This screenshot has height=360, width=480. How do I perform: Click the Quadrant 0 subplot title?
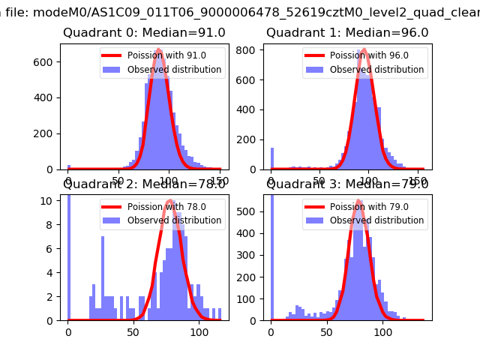click(x=144, y=33)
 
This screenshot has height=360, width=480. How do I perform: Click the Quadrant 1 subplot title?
click(x=347, y=33)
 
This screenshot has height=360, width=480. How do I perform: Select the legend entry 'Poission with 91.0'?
click(x=165, y=55)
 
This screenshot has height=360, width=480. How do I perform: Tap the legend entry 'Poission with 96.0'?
click(x=367, y=55)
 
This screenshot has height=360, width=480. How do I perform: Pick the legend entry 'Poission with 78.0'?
click(x=165, y=207)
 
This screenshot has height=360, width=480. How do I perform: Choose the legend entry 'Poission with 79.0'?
click(x=367, y=207)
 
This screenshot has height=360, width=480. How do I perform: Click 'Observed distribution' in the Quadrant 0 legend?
click(x=174, y=70)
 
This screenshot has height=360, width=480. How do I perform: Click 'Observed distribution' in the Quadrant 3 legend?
click(x=376, y=220)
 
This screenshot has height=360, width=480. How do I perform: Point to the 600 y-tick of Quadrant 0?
click(x=47, y=61)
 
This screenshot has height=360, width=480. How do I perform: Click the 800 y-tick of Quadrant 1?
click(x=250, y=49)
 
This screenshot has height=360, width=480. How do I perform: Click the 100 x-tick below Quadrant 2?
click(x=199, y=331)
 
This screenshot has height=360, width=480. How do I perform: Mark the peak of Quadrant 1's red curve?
click(x=364, y=50)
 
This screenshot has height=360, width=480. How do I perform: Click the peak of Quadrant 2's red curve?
click(x=170, y=201)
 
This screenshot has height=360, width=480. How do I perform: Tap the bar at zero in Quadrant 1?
click(x=271, y=159)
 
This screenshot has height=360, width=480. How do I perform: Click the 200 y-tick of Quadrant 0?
click(x=47, y=133)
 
